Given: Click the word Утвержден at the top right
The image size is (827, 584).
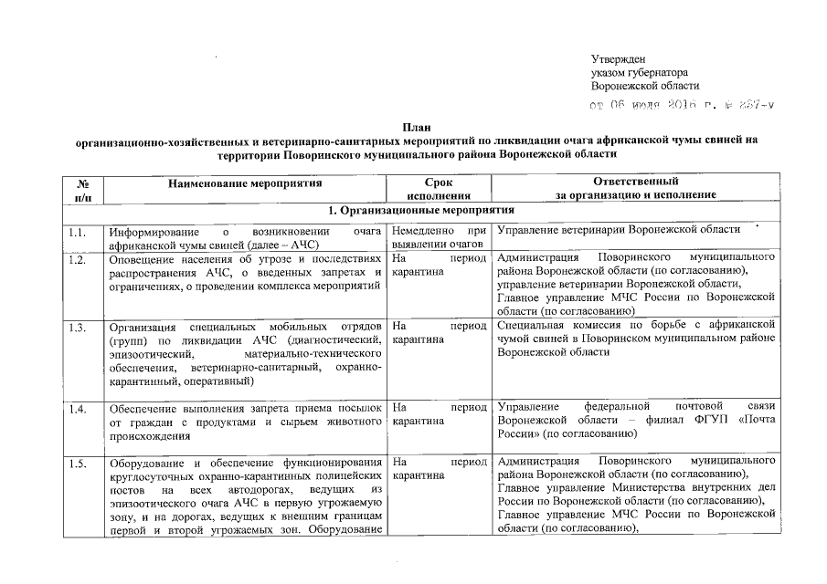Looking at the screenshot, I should pos(619,58).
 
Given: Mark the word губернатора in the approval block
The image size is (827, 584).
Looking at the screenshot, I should pos(653,72).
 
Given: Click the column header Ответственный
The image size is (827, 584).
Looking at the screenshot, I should pos(634,182).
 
